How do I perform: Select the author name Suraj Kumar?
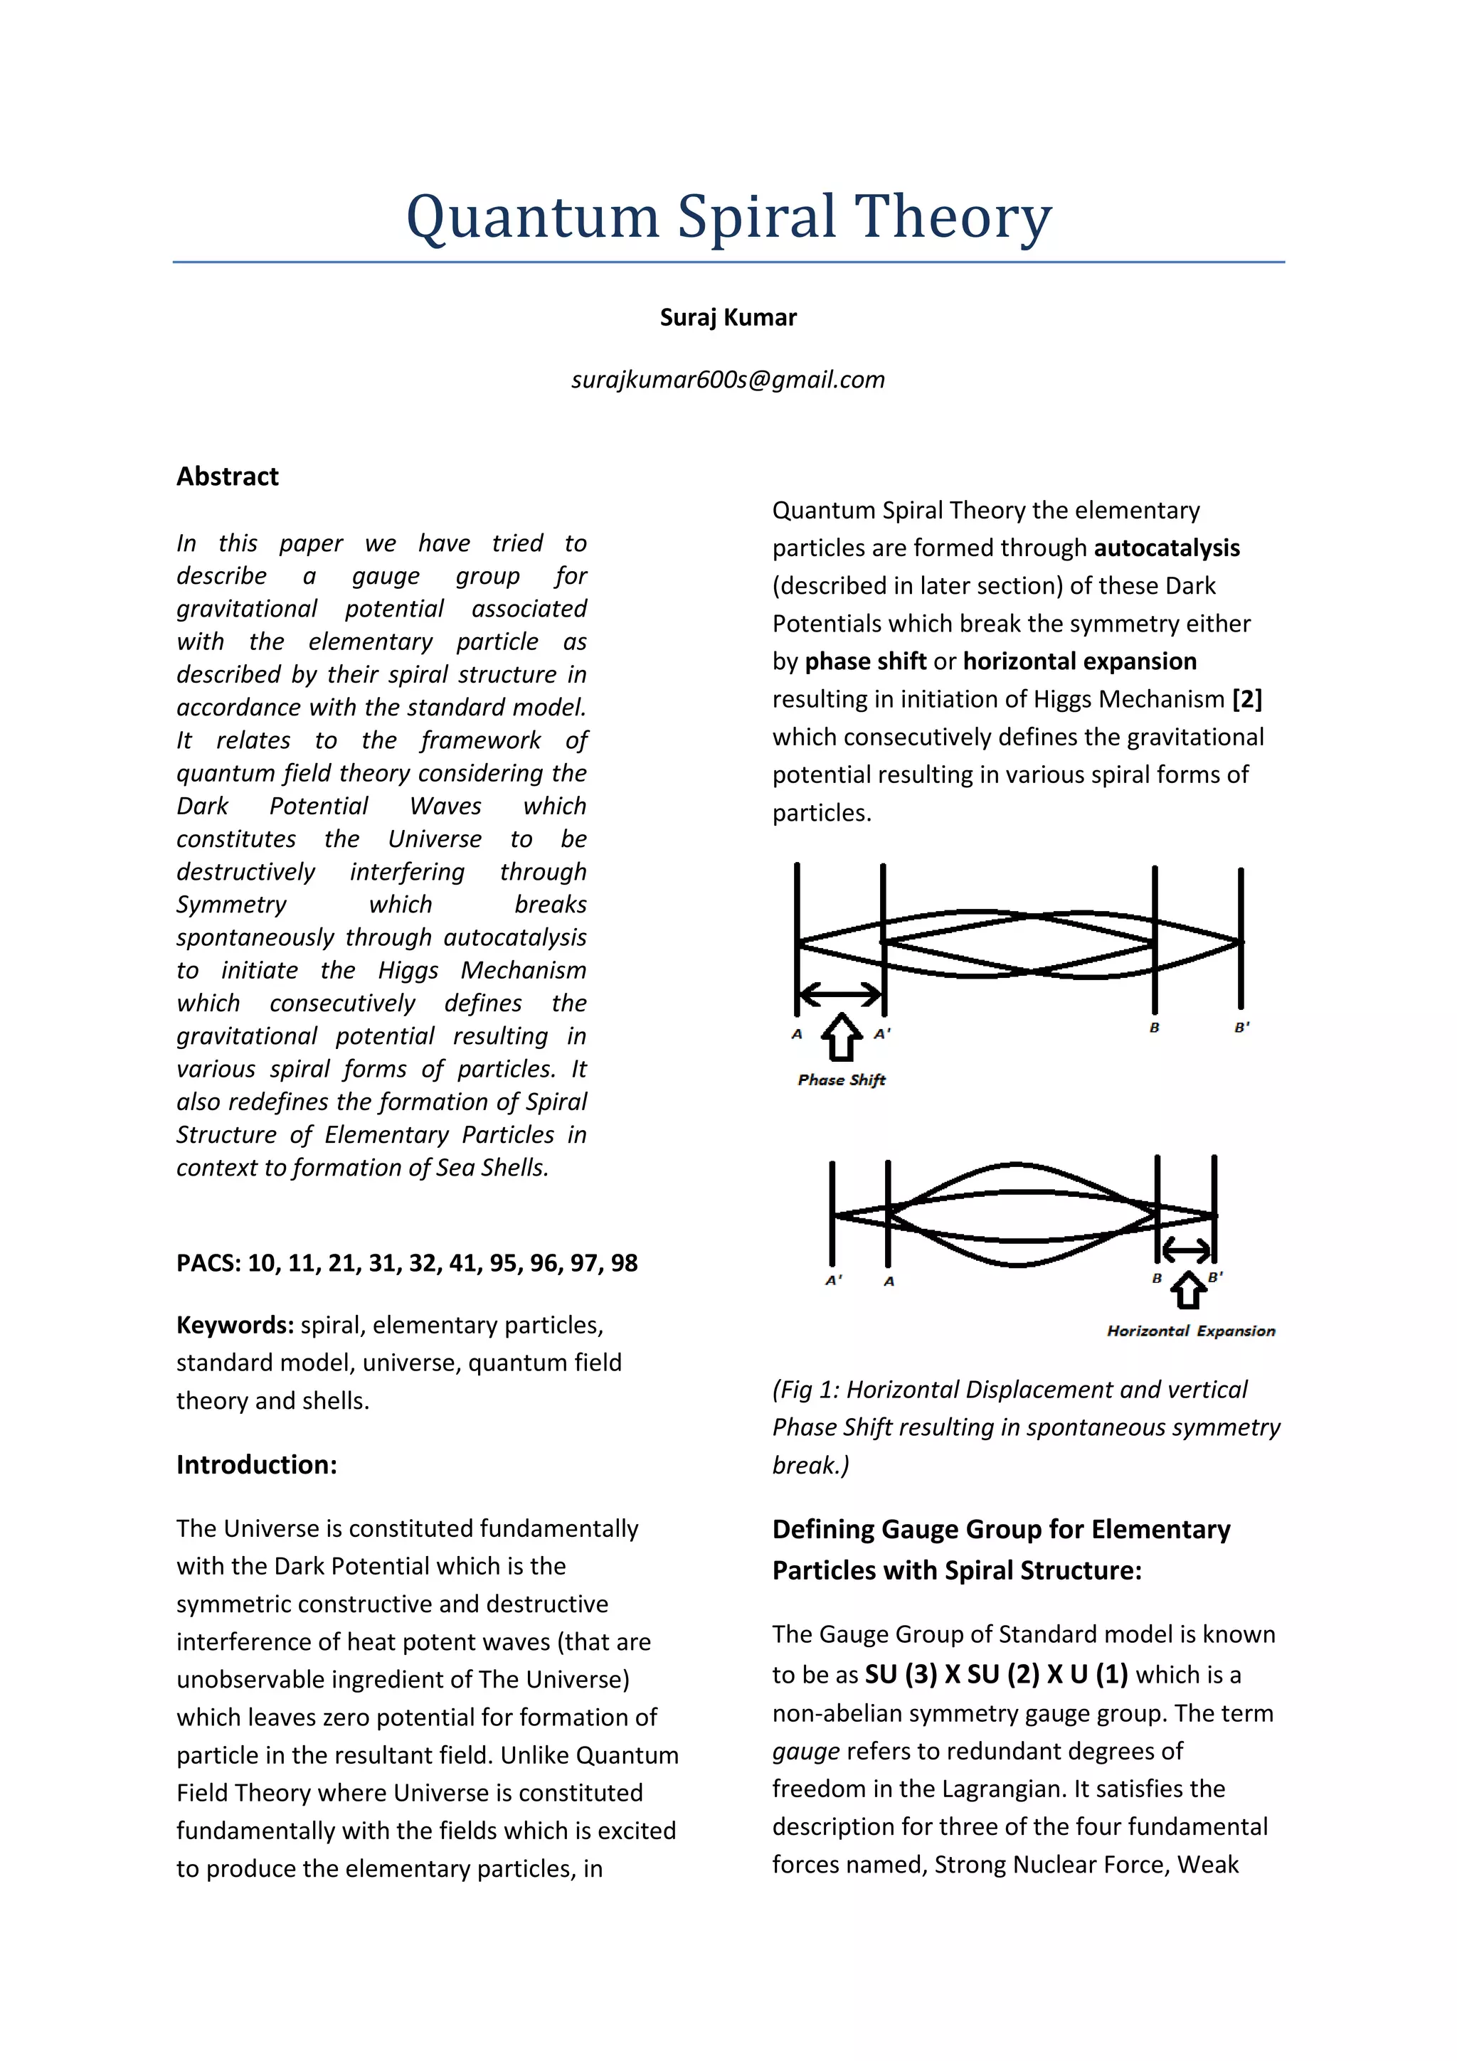(728, 318)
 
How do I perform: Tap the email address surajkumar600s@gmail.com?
(728, 380)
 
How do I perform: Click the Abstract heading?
(227, 476)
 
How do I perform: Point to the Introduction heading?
(257, 1465)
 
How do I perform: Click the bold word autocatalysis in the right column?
(1166, 548)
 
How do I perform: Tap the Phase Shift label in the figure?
(841, 1080)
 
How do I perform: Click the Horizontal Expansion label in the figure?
(1190, 1331)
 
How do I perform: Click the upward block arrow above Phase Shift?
(841, 1037)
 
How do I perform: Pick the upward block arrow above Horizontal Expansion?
(1190, 1290)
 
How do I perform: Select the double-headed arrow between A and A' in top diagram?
(840, 994)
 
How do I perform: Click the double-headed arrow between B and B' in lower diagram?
(1186, 1250)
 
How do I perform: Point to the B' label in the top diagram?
(1241, 1027)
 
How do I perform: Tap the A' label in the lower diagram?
(834, 1280)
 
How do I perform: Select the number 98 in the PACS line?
(624, 1263)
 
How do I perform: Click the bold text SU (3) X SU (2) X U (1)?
(995, 1674)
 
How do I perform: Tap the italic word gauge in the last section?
(805, 1750)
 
